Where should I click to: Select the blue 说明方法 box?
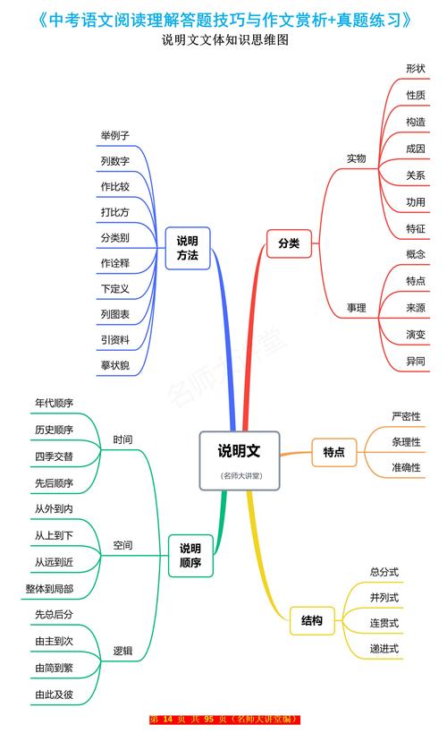[187, 248]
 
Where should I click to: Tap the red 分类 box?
[289, 243]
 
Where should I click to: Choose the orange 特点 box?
[333, 452]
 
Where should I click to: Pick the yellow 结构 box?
[312, 619]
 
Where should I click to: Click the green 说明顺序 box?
[190, 555]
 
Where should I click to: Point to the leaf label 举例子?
[115, 135]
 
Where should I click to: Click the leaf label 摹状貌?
[115, 365]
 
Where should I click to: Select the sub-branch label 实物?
[357, 158]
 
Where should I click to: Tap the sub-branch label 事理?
[357, 308]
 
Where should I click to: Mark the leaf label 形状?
[416, 68]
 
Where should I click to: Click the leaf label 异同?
[416, 362]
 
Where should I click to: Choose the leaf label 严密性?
[406, 416]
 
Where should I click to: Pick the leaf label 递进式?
[384, 648]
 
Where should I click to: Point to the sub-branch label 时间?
[122, 439]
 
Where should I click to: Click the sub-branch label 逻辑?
[122, 652]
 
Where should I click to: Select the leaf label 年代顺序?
[54, 403]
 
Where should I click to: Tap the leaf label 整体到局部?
[50, 589]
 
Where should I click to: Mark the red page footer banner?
[224, 720]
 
